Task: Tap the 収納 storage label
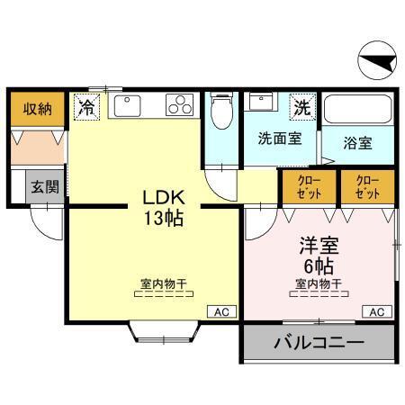coord(37,109)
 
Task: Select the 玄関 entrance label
coord(45,187)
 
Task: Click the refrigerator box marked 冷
coord(87,107)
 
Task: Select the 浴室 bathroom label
coord(358,143)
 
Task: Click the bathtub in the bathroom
coord(359,111)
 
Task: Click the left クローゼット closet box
coord(307,186)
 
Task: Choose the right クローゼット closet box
coord(367,186)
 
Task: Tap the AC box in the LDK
coord(221,311)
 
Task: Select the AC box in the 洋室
coord(377,311)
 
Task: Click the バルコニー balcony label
coord(319,344)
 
